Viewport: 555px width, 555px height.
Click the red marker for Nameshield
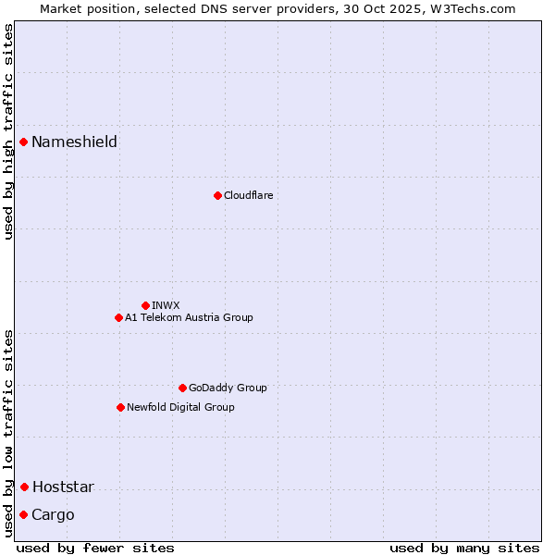(23, 142)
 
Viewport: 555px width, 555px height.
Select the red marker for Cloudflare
(217, 195)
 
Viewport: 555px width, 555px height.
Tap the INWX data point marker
(145, 305)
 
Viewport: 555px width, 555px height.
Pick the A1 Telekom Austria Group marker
(118, 317)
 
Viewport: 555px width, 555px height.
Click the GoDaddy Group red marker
(182, 388)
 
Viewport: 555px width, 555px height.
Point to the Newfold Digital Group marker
(120, 407)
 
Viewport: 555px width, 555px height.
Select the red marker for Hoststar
(24, 487)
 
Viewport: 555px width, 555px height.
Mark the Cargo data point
(23, 514)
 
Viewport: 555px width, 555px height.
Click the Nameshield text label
(74, 142)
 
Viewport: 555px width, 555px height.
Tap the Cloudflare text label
(248, 195)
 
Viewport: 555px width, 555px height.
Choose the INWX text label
(166, 305)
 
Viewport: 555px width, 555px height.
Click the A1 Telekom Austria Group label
(189, 317)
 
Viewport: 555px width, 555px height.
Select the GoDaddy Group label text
(228, 388)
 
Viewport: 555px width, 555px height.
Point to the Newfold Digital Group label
(180, 407)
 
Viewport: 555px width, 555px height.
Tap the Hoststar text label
(63, 487)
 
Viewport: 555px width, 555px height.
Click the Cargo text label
(53, 515)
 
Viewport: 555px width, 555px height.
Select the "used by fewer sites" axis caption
(95, 548)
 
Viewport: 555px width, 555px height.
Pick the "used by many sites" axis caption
(464, 548)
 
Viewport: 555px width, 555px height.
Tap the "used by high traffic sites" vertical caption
(8, 131)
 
